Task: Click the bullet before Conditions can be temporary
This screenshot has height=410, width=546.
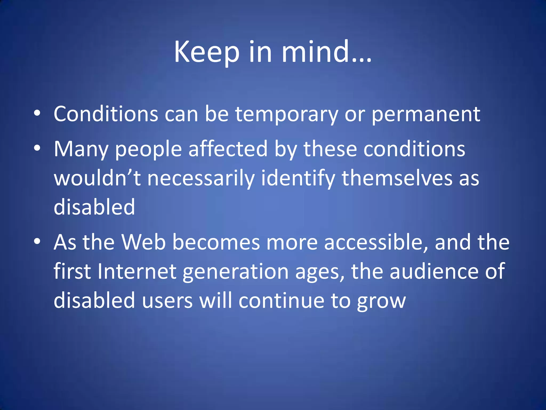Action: coord(37,113)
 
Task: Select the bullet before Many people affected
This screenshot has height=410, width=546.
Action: coord(37,148)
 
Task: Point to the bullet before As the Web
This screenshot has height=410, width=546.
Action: coord(37,241)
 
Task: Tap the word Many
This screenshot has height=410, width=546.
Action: coord(81,149)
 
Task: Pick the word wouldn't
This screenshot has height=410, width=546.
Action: coord(97,178)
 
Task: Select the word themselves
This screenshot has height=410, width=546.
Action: coord(397,178)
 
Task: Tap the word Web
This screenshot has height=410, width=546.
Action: coord(143,242)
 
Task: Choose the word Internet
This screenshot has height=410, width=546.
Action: coord(136,271)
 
